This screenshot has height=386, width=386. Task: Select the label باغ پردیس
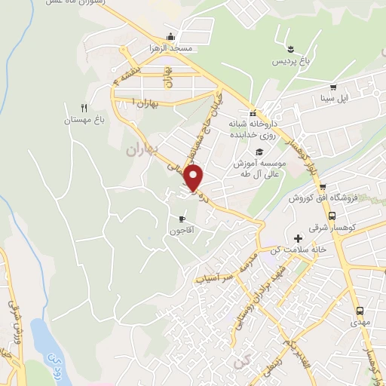[x=290, y=59]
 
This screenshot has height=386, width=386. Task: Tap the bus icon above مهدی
[x=360, y=310]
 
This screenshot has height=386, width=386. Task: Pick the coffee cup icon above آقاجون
[x=181, y=219]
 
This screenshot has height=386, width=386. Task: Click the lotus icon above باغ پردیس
[x=290, y=48]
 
